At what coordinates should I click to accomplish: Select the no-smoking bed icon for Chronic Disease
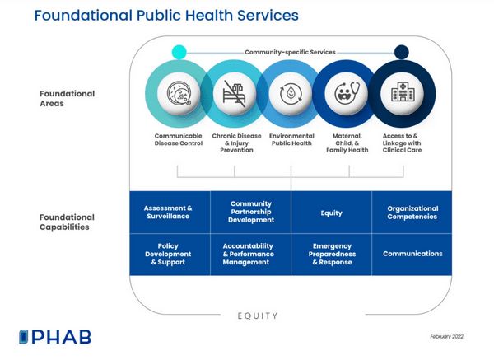pos(234,93)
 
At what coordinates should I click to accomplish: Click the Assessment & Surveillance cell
pos(168,213)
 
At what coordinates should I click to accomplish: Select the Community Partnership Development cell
pos(251,213)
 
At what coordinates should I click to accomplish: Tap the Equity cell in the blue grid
pos(332,213)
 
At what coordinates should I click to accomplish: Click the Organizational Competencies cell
pos(412,213)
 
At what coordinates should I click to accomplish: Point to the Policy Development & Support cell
pos(168,254)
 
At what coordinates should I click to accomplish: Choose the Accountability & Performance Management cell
pos(251,254)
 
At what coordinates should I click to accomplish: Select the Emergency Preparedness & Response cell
pos(332,254)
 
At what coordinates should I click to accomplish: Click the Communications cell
pos(412,254)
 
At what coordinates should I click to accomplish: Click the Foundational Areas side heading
pos(67,99)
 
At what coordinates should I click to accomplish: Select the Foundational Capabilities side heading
pos(67,223)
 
